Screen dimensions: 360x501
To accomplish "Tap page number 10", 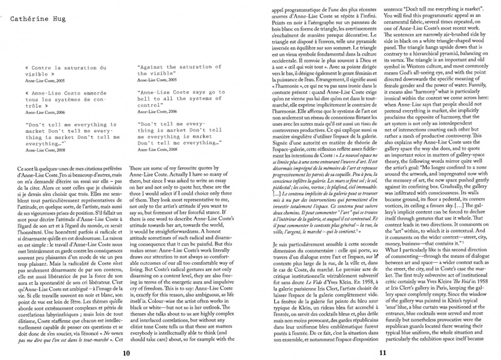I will point(127,352).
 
